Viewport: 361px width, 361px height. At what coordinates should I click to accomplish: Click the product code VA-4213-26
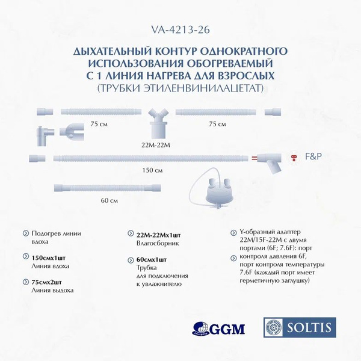point(180,28)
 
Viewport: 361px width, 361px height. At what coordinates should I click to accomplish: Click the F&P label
point(314,155)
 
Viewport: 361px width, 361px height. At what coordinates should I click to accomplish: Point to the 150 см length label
point(154,170)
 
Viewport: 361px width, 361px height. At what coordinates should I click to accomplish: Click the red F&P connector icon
point(294,156)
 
